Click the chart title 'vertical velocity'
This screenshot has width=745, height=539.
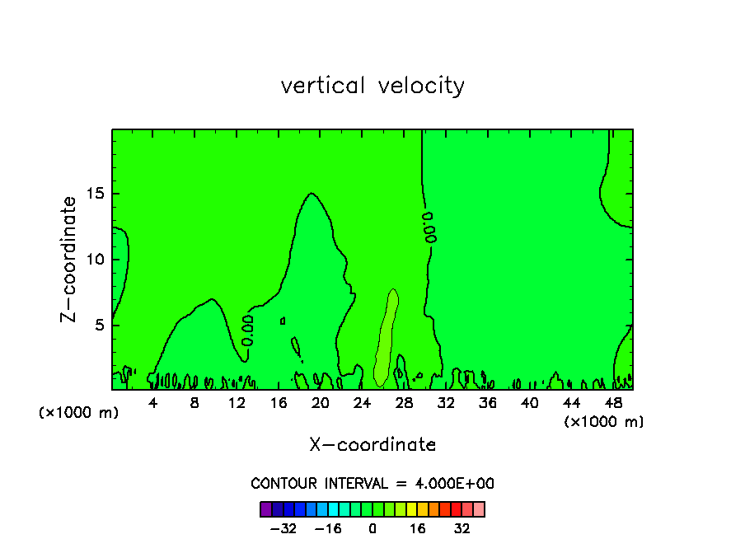pyautogui.click(x=372, y=86)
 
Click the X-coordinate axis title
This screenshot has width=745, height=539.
pyautogui.click(x=372, y=445)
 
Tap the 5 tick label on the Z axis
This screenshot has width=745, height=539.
pyautogui.click(x=98, y=325)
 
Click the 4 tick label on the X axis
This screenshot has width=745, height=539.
pyautogui.click(x=153, y=403)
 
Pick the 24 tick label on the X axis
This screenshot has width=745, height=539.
pyautogui.click(x=362, y=403)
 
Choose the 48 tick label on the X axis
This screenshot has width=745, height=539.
pyautogui.click(x=613, y=403)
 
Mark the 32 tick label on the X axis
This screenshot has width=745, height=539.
pyautogui.click(x=446, y=403)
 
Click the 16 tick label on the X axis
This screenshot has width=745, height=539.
pyautogui.click(x=279, y=403)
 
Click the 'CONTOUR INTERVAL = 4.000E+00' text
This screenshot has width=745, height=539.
pyautogui.click(x=372, y=484)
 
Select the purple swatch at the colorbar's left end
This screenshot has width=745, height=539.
pyautogui.click(x=266, y=509)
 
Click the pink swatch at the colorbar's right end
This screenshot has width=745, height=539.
pyautogui.click(x=479, y=509)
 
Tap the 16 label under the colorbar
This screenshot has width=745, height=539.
pyautogui.click(x=418, y=528)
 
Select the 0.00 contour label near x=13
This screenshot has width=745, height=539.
pyautogui.click(x=247, y=329)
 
